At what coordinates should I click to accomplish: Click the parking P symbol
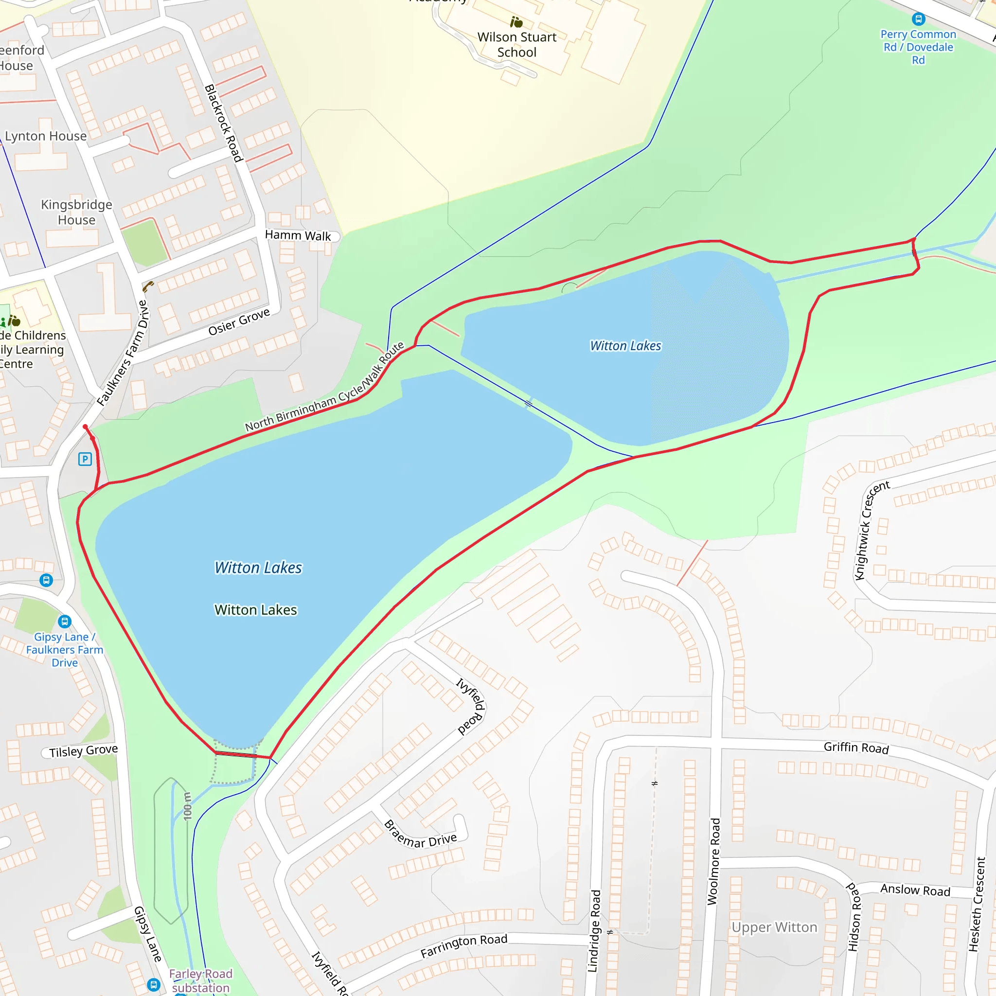85,459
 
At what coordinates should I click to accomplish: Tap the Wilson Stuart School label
516,45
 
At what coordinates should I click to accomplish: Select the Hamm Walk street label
298,235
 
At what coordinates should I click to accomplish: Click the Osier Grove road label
239,321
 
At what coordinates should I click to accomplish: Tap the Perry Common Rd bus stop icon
918,19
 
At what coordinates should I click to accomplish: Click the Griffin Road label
856,747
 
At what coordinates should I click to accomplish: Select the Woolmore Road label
713,861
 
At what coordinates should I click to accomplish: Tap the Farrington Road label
463,946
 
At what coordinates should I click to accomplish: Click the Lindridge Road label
594,931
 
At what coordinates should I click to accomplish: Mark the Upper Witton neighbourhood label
774,927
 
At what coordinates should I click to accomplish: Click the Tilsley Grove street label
84,750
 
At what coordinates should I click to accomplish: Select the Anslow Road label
915,890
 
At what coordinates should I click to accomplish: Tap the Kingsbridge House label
76,212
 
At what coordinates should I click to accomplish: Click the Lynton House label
46,136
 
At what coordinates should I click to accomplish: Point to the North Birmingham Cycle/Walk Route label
324,387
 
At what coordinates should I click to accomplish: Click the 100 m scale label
187,806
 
